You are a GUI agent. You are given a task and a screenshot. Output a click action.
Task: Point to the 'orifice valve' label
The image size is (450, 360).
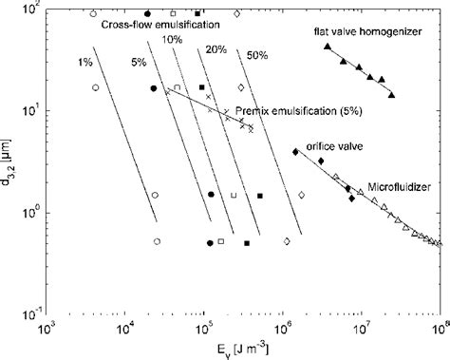328,144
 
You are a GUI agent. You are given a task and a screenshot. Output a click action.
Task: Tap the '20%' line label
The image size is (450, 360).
215,47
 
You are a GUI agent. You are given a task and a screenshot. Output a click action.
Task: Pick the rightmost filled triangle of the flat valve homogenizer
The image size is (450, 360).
392,96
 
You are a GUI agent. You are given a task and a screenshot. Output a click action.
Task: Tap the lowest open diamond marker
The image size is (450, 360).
287,241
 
